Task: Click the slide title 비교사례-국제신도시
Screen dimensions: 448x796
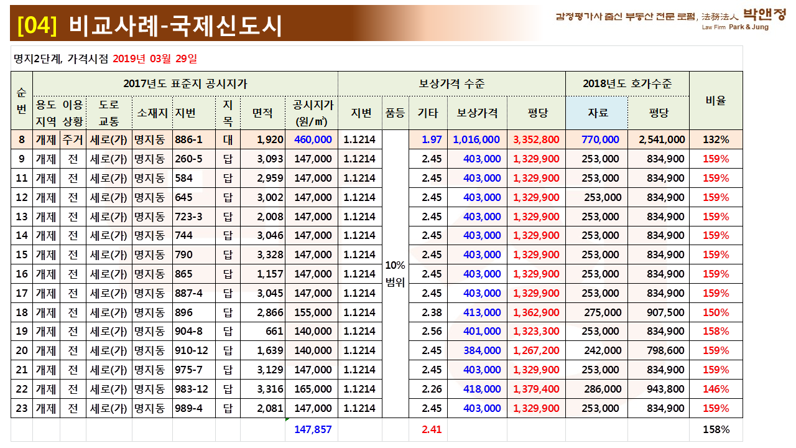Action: [x=176, y=26]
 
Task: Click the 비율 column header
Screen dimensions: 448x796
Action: [x=716, y=100]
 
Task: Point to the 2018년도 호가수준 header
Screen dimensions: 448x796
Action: [x=627, y=83]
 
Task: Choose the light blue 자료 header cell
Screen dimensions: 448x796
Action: [x=596, y=113]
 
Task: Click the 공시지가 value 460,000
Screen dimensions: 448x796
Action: [x=313, y=139]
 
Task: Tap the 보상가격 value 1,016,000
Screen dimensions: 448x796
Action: [x=476, y=139]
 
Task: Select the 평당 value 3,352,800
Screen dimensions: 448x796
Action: [x=536, y=139]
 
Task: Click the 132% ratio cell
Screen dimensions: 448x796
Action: [x=716, y=139]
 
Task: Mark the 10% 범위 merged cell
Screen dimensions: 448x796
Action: [x=396, y=274]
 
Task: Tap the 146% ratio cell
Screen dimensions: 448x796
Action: [x=716, y=389]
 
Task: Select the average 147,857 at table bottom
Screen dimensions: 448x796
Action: [x=313, y=429]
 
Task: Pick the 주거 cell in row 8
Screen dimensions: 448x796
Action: [x=73, y=139]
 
